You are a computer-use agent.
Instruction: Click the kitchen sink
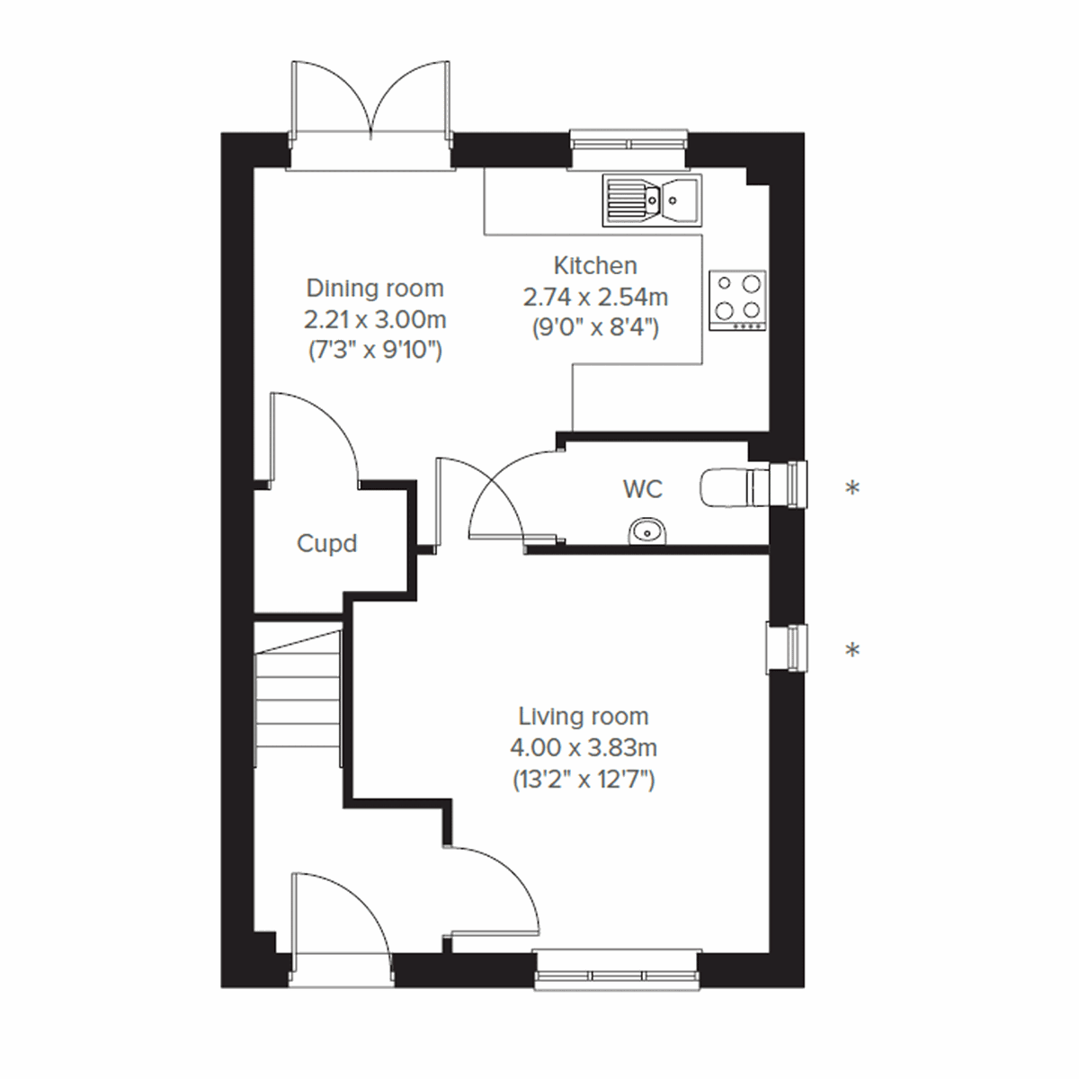(x=651, y=199)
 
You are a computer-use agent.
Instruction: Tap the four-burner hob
(x=737, y=298)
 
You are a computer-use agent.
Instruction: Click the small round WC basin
(x=647, y=531)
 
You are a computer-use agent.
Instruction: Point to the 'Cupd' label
(x=326, y=544)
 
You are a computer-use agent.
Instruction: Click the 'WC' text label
(x=643, y=489)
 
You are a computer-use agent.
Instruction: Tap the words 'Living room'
(x=583, y=717)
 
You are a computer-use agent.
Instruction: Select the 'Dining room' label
(x=375, y=289)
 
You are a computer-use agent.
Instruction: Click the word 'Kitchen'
(x=595, y=266)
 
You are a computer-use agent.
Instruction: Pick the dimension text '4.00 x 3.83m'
(x=583, y=748)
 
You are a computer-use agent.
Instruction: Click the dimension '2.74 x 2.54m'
(x=595, y=297)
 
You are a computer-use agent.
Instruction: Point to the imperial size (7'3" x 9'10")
(x=375, y=350)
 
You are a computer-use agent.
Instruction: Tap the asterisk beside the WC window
(x=852, y=488)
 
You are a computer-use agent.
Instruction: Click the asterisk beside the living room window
(x=852, y=649)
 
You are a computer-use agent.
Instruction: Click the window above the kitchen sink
(x=629, y=141)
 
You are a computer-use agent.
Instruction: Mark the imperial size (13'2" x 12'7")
(x=583, y=780)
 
